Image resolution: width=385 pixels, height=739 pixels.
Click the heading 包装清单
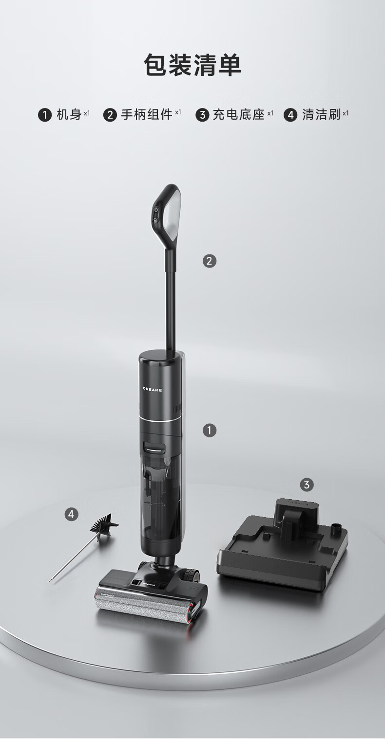point(192,64)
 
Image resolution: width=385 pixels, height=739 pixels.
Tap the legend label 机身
point(69,115)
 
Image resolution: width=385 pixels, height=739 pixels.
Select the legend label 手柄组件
point(146,115)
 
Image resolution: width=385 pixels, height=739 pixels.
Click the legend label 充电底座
point(239,115)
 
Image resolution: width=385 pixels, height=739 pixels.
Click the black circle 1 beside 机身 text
point(45,115)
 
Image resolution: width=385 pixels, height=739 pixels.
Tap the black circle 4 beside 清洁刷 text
point(290,115)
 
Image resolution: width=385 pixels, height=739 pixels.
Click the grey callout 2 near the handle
point(209,261)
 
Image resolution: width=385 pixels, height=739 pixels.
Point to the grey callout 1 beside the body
point(209,431)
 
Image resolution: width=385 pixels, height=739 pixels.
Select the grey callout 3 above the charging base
point(307,485)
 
